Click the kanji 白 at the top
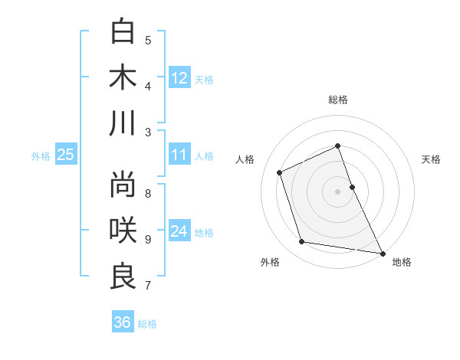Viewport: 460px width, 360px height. click(x=123, y=31)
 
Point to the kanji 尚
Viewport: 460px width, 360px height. click(x=123, y=184)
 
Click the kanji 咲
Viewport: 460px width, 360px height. click(x=123, y=230)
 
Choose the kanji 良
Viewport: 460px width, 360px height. click(x=123, y=276)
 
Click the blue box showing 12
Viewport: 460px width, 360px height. click(x=179, y=77)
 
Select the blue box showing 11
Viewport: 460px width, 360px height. click(x=179, y=155)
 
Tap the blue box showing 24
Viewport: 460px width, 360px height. click(x=179, y=231)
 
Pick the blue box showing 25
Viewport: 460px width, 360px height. click(x=65, y=155)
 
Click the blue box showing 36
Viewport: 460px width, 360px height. click(x=122, y=322)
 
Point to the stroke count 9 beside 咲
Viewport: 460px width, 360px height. click(x=148, y=239)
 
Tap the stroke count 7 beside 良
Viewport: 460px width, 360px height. click(x=148, y=286)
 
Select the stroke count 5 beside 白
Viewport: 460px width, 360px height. click(x=148, y=40)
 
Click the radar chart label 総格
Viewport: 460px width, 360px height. click(x=337, y=100)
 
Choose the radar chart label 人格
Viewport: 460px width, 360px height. click(x=245, y=159)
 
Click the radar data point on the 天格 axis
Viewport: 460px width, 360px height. click(x=352, y=187)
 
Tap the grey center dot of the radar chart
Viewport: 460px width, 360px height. click(x=337, y=191)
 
